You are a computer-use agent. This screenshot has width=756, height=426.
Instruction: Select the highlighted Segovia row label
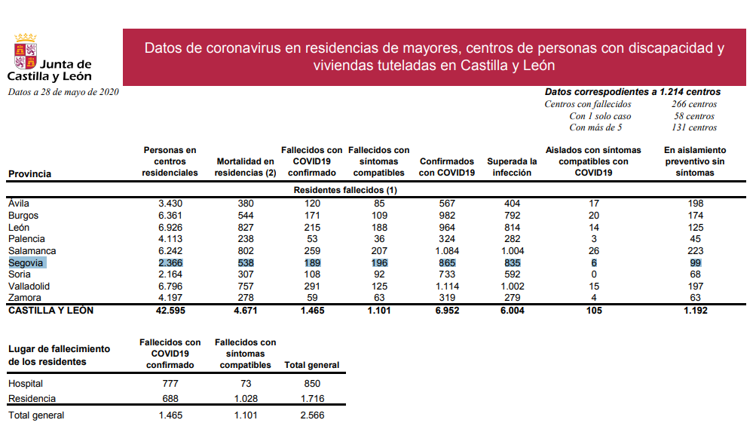pos(26,262)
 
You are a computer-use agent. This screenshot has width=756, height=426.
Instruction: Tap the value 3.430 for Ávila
pos(170,204)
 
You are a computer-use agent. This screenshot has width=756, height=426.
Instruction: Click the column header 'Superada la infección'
pos(512,167)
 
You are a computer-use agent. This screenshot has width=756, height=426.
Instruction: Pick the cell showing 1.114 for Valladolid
pos(447,287)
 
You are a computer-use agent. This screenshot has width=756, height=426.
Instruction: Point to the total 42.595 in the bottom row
pos(170,311)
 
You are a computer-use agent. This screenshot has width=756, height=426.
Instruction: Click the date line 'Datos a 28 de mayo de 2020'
pos(63,92)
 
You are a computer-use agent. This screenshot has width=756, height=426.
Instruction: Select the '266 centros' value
pos(693,104)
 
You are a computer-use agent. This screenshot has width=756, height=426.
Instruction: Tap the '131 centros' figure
pos(693,127)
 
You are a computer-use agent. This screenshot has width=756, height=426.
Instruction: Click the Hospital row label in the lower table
pos(26,384)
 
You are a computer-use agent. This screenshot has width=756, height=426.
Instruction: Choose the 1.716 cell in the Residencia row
pos(312,398)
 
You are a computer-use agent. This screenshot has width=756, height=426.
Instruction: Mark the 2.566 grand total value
pos(312,415)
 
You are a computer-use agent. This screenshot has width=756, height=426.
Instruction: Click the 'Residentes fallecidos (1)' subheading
pos(344,190)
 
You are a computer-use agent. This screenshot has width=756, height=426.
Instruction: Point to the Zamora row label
pos(25,299)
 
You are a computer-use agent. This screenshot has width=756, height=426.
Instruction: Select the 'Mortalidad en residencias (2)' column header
pos(245,167)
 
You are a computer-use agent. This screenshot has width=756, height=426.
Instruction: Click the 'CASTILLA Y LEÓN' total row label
pos(51,311)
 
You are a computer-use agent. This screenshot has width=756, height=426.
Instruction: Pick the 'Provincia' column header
pos(30,174)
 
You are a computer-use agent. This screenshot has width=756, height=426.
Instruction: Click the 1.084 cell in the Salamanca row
pos(447,250)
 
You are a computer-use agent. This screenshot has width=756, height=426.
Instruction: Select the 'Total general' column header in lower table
pos(312,365)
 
